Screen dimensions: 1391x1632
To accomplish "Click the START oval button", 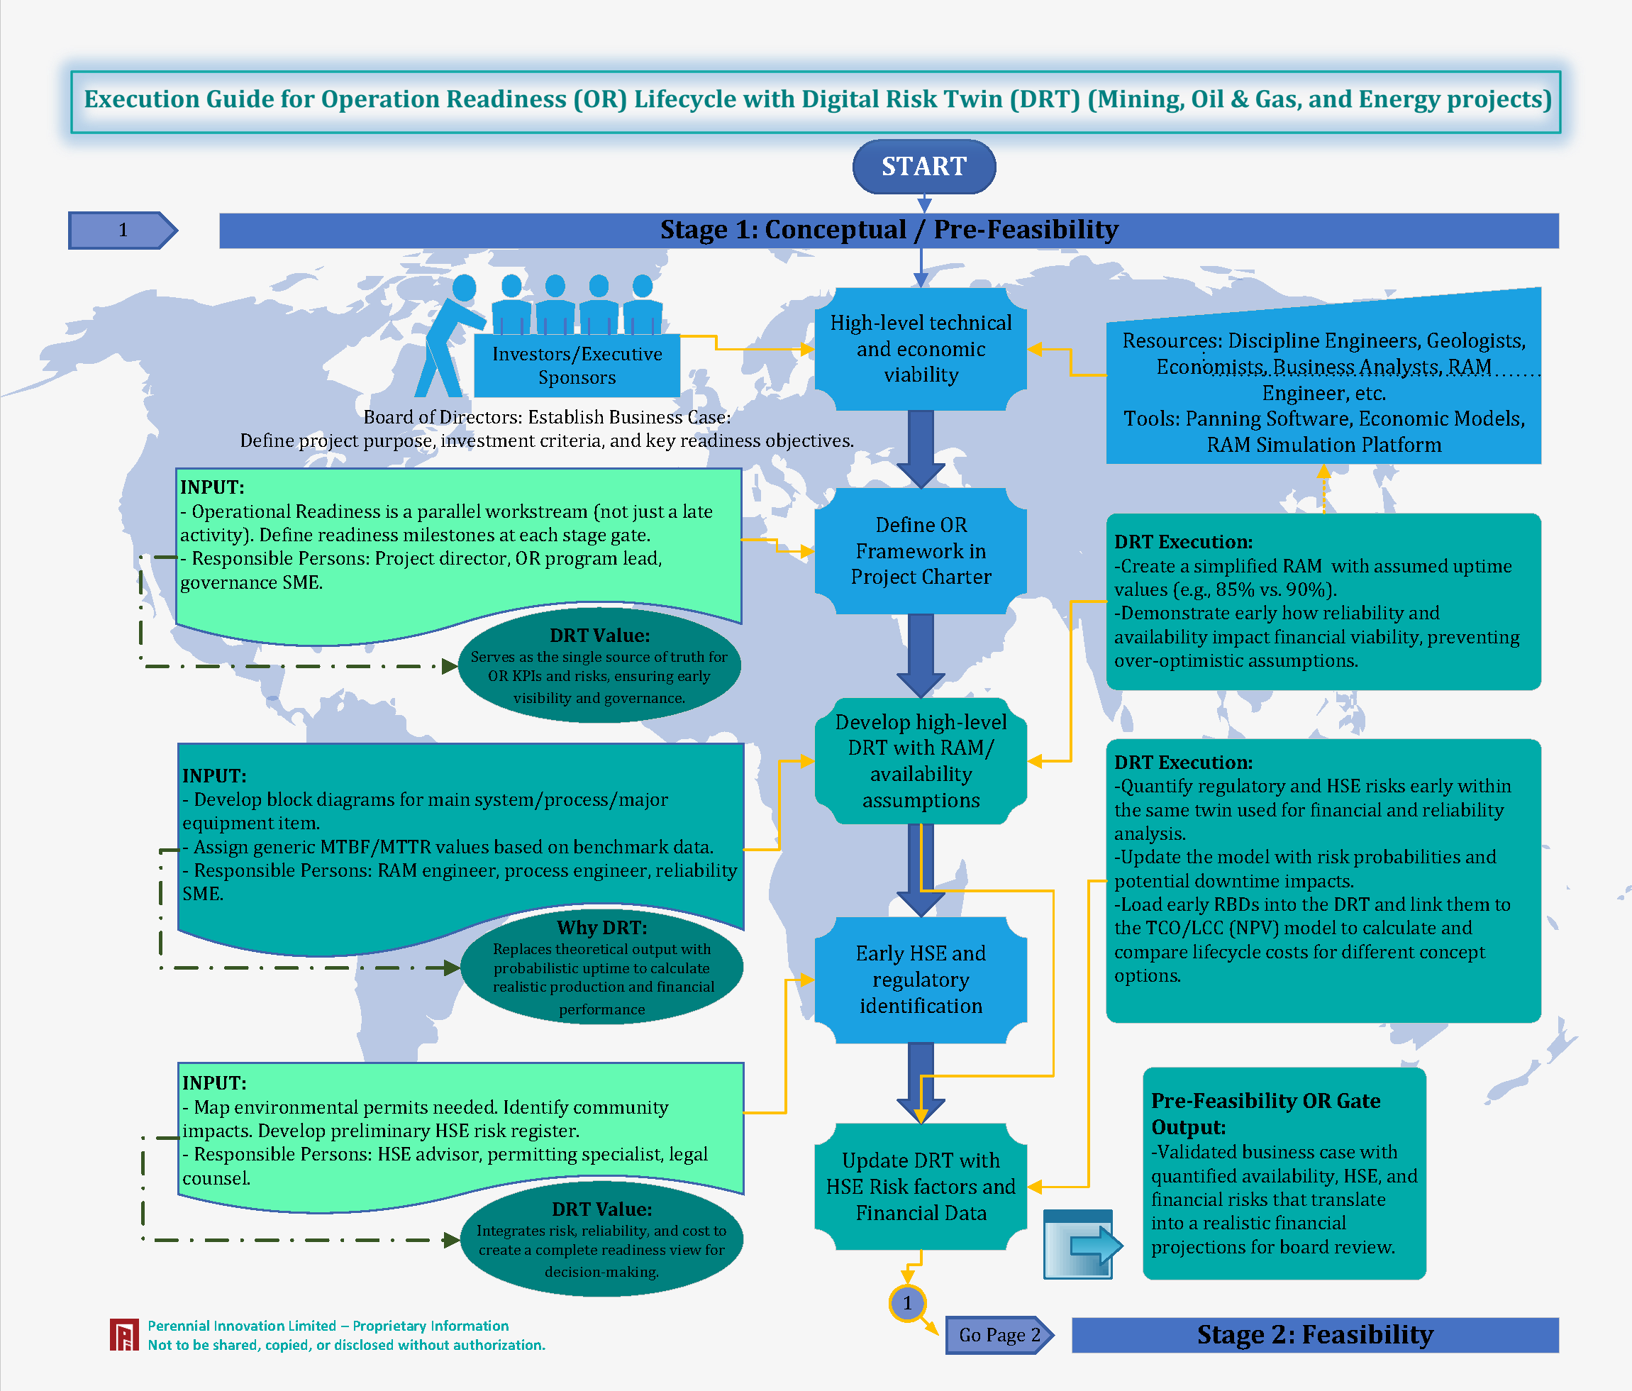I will tap(923, 166).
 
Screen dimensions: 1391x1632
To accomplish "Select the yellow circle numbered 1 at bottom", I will tap(907, 1303).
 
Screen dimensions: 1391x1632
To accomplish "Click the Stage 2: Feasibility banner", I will tap(1314, 1334).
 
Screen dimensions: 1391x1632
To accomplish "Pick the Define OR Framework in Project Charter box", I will tap(920, 550).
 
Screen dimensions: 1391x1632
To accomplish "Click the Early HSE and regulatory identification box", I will tap(920, 979).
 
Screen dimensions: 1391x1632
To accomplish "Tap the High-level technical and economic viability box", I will tap(920, 348).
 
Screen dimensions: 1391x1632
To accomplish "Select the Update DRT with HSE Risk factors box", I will tap(920, 1185).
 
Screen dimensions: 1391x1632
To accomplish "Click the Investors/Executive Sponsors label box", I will tap(577, 365).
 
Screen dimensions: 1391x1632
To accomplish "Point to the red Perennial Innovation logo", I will tap(123, 1334).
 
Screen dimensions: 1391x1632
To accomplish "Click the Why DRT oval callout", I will tap(601, 968).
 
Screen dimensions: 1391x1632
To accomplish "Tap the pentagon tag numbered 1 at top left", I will tap(123, 230).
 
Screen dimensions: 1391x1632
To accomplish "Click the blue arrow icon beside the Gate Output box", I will tap(1079, 1244).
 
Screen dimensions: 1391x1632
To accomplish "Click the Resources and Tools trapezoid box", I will tap(1323, 392).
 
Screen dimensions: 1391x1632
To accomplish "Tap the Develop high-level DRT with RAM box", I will tap(920, 761).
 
